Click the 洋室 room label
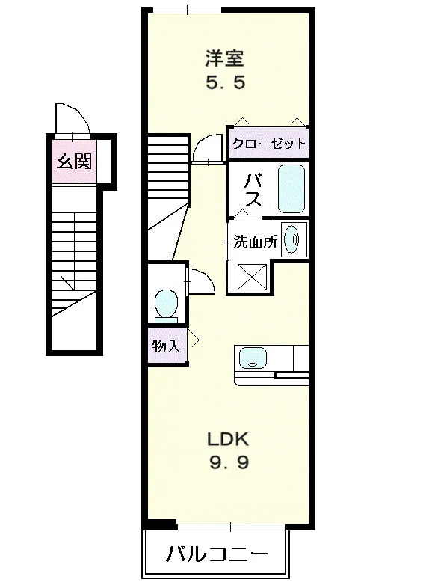(x=224, y=58)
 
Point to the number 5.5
(x=226, y=82)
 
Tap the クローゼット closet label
(x=269, y=144)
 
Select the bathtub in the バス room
(x=291, y=189)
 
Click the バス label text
(x=253, y=189)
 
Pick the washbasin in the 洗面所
(x=292, y=239)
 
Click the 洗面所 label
(x=255, y=242)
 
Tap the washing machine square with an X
(x=252, y=277)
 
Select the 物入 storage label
(x=167, y=346)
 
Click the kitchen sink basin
(x=253, y=358)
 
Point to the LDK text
(x=228, y=439)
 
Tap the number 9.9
(x=229, y=463)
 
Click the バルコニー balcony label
(x=217, y=554)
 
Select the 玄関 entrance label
(x=74, y=162)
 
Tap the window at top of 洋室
(x=188, y=10)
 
